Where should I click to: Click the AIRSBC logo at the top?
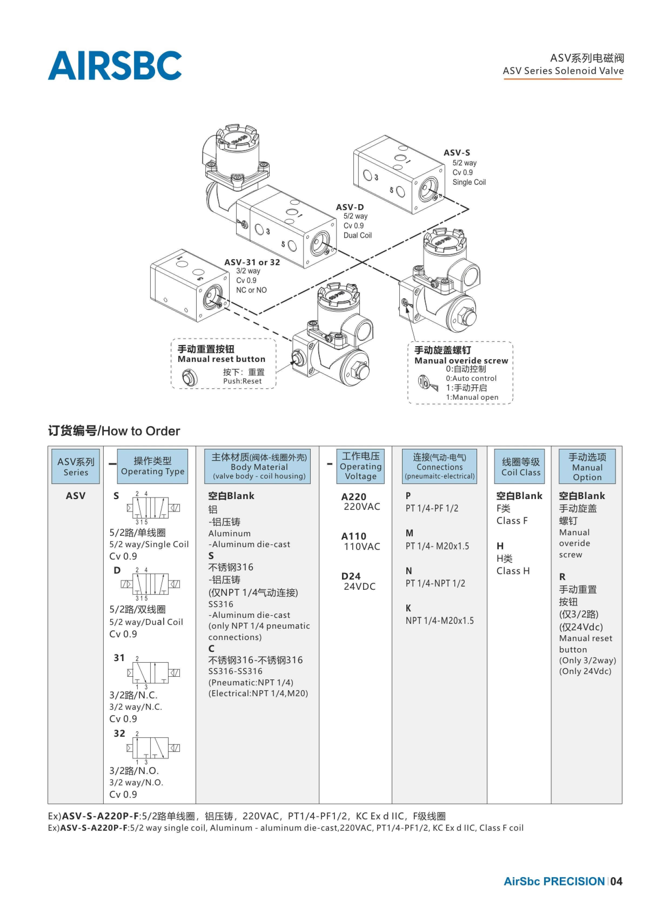pos(115,65)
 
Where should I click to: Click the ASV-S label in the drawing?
pos(457,153)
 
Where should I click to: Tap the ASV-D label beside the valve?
pos(350,207)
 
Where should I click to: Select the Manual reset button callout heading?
pos(222,359)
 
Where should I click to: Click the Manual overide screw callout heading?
pos(461,361)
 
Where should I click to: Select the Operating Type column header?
pos(152,466)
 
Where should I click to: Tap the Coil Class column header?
pos(521,466)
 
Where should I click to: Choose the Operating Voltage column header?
pos(361,466)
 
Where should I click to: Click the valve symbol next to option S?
pos(153,508)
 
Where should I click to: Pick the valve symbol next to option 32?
pos(153,748)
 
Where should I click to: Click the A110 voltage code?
pos(354,536)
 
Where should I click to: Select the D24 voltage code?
pos(351,576)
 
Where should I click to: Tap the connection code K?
pos(408,608)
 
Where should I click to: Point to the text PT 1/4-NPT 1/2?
pos(435,583)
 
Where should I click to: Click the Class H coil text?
pos(513,571)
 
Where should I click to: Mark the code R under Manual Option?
pos(562,577)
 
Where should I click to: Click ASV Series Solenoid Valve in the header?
pos(563,71)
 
